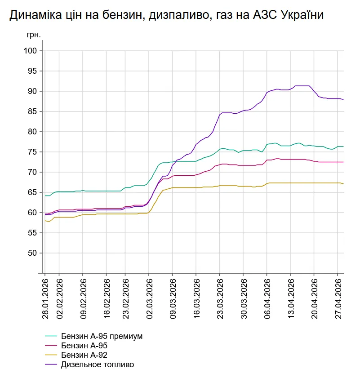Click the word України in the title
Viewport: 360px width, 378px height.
tap(302, 15)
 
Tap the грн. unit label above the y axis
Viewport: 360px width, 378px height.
tap(34, 35)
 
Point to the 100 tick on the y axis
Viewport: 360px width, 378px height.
tap(30, 51)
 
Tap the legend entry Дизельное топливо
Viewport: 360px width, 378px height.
tap(97, 365)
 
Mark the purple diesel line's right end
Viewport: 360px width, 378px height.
tap(343, 99)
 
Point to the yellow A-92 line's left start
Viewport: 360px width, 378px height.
tap(45, 221)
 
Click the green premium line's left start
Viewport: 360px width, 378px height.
tap(45, 196)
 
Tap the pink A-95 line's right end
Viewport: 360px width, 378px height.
tap(343, 162)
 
